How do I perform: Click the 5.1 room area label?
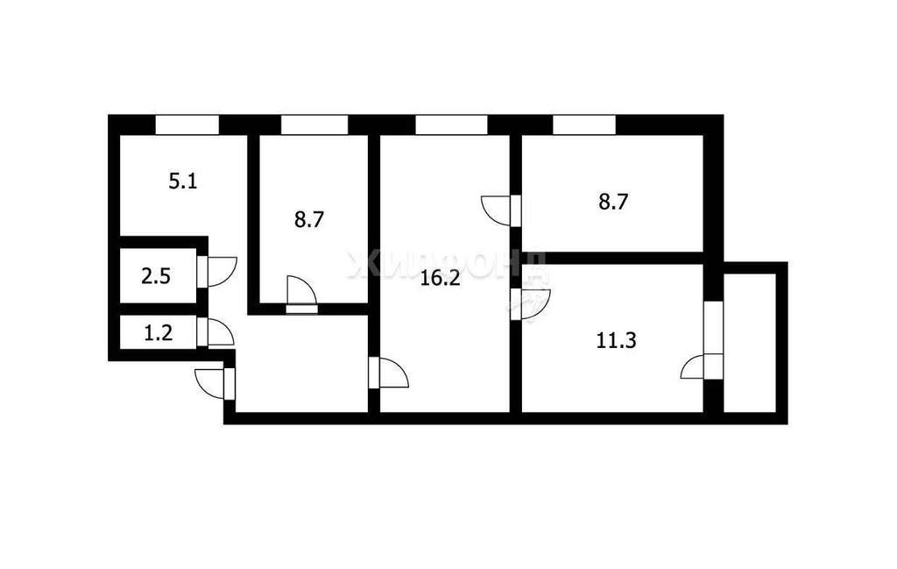click(182, 182)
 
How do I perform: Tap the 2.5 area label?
click(156, 277)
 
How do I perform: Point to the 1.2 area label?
click(158, 332)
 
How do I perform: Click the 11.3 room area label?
click(616, 341)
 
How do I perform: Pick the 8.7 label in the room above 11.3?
click(614, 202)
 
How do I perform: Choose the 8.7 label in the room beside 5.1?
click(309, 219)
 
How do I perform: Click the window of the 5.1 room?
click(187, 124)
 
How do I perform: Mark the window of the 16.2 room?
click(451, 124)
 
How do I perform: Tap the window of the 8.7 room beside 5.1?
click(314, 124)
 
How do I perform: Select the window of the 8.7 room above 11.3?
click(584, 124)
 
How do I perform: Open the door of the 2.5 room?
click(216, 271)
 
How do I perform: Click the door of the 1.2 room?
click(215, 332)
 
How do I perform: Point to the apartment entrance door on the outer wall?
click(215, 383)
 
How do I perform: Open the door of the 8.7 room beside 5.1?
click(301, 295)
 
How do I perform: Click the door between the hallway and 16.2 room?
click(389, 373)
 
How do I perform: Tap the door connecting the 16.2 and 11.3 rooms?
click(530, 304)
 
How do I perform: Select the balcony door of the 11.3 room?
click(702, 366)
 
